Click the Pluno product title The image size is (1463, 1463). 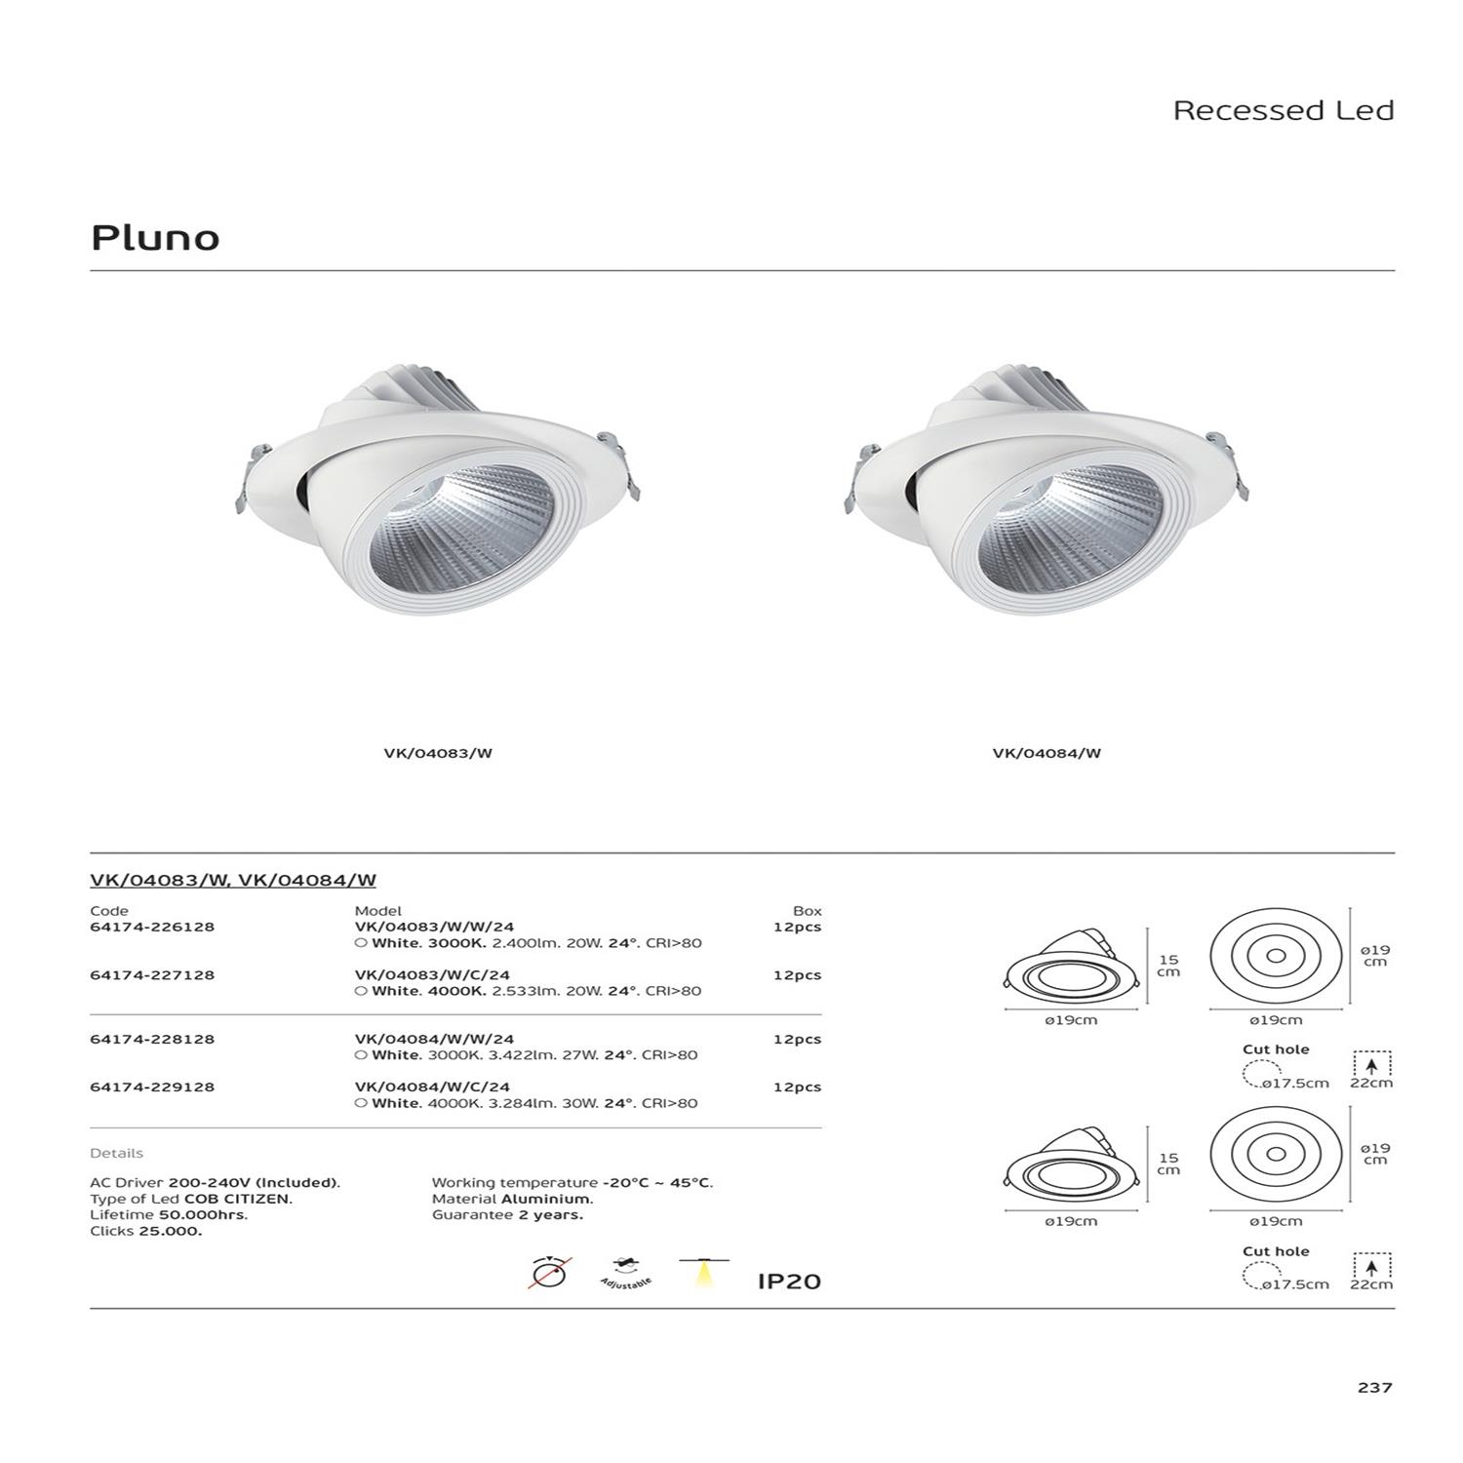tap(155, 238)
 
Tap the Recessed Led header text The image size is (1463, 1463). tap(1283, 110)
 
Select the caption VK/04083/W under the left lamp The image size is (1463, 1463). tap(438, 753)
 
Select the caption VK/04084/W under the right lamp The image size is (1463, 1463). tap(1047, 753)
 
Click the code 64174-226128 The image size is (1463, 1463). tap(152, 927)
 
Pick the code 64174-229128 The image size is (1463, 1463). tap(152, 1087)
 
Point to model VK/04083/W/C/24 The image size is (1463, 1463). tap(432, 974)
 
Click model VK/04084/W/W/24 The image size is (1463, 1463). tap(434, 1039)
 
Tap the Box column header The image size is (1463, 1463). tap(807, 911)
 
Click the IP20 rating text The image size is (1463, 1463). tap(789, 1282)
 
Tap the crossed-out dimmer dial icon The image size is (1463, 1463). tap(550, 1274)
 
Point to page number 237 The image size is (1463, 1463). tap(1374, 1387)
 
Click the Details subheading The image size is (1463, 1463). tap(116, 1153)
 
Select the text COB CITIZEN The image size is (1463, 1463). tap(238, 1199)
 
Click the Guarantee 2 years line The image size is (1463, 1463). tap(507, 1215)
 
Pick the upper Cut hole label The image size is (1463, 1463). tap(1275, 1049)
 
